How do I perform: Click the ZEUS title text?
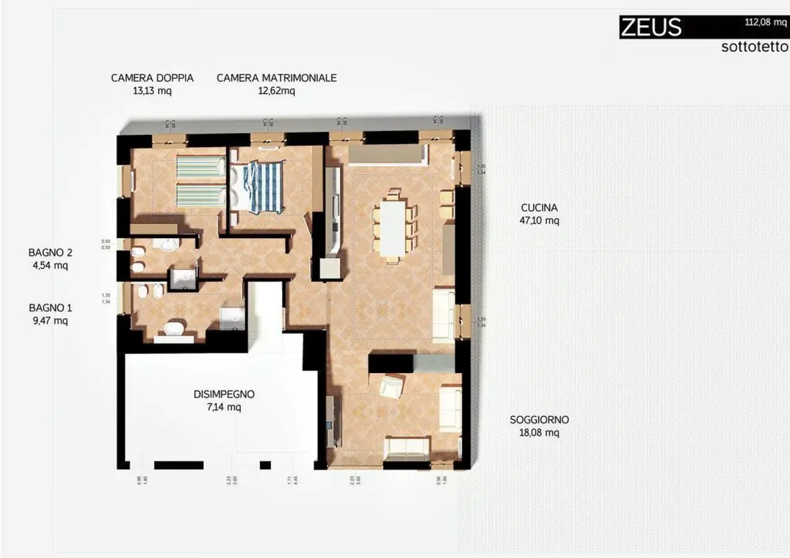click(651, 27)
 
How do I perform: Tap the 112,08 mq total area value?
click(765, 22)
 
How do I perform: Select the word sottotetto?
click(754, 47)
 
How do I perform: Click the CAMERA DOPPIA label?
click(152, 78)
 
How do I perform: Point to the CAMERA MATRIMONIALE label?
click(277, 78)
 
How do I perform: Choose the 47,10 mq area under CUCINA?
click(539, 221)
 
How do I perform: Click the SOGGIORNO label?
click(539, 420)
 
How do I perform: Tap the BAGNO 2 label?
click(50, 253)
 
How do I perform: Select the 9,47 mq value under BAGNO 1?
click(50, 321)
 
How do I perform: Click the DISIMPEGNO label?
click(224, 394)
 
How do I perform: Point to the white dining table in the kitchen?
click(393, 227)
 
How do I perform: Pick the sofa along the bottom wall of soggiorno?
click(408, 447)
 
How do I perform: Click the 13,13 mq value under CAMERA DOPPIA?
click(152, 91)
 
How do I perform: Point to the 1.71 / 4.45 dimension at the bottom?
click(292, 480)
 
